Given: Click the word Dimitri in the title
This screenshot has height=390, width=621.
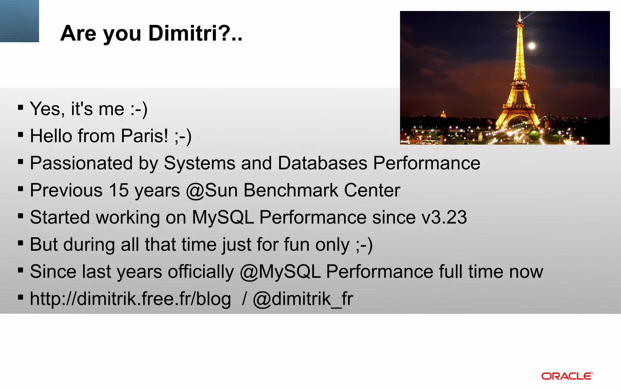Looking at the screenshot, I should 183,33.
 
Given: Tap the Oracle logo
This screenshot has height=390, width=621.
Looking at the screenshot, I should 567,376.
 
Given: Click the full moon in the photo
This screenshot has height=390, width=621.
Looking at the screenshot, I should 532,46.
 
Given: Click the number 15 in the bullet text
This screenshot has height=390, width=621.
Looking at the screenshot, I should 119,190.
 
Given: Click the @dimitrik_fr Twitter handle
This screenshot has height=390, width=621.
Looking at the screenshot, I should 303,299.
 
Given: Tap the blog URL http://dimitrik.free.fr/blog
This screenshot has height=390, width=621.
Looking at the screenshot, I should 130,299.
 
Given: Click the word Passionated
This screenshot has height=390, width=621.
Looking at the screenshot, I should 81,163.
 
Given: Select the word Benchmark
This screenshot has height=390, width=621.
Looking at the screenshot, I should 291,190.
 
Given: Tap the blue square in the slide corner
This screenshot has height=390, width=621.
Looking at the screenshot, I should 19,21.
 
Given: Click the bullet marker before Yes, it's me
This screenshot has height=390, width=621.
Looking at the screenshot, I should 21,107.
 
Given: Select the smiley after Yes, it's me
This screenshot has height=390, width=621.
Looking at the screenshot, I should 139,109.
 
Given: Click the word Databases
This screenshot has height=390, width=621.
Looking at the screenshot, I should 322,163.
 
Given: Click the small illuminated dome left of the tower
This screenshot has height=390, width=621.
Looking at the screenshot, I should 443,114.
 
